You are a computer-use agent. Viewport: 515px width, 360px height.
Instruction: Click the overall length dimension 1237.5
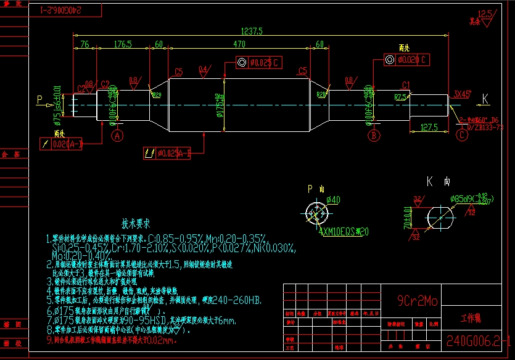pyautogui.click(x=252, y=30)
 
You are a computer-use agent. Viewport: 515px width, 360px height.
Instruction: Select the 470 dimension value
pyautogui.click(x=239, y=44)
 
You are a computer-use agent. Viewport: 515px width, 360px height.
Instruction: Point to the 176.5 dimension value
pyautogui.click(x=123, y=44)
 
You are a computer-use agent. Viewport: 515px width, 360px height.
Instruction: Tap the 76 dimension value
pyautogui.click(x=84, y=44)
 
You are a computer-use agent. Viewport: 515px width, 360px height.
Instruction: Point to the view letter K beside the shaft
pyautogui.click(x=485, y=99)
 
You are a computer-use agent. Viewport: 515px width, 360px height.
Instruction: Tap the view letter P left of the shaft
pyautogui.click(x=40, y=99)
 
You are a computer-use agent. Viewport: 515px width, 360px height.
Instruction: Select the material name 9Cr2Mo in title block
pyautogui.click(x=417, y=301)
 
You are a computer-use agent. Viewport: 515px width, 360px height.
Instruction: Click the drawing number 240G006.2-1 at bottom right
pyautogui.click(x=478, y=340)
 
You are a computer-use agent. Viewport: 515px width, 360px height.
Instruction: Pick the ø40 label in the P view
pyautogui.click(x=333, y=200)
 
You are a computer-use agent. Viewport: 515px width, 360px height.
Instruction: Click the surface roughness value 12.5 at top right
pyautogui.click(x=485, y=14)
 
